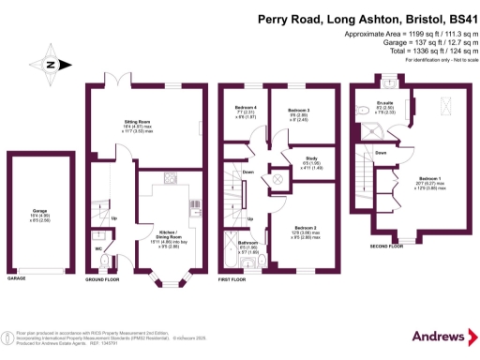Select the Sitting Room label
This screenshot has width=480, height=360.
coord(139,123)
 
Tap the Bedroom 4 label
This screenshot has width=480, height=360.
coord(246,109)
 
